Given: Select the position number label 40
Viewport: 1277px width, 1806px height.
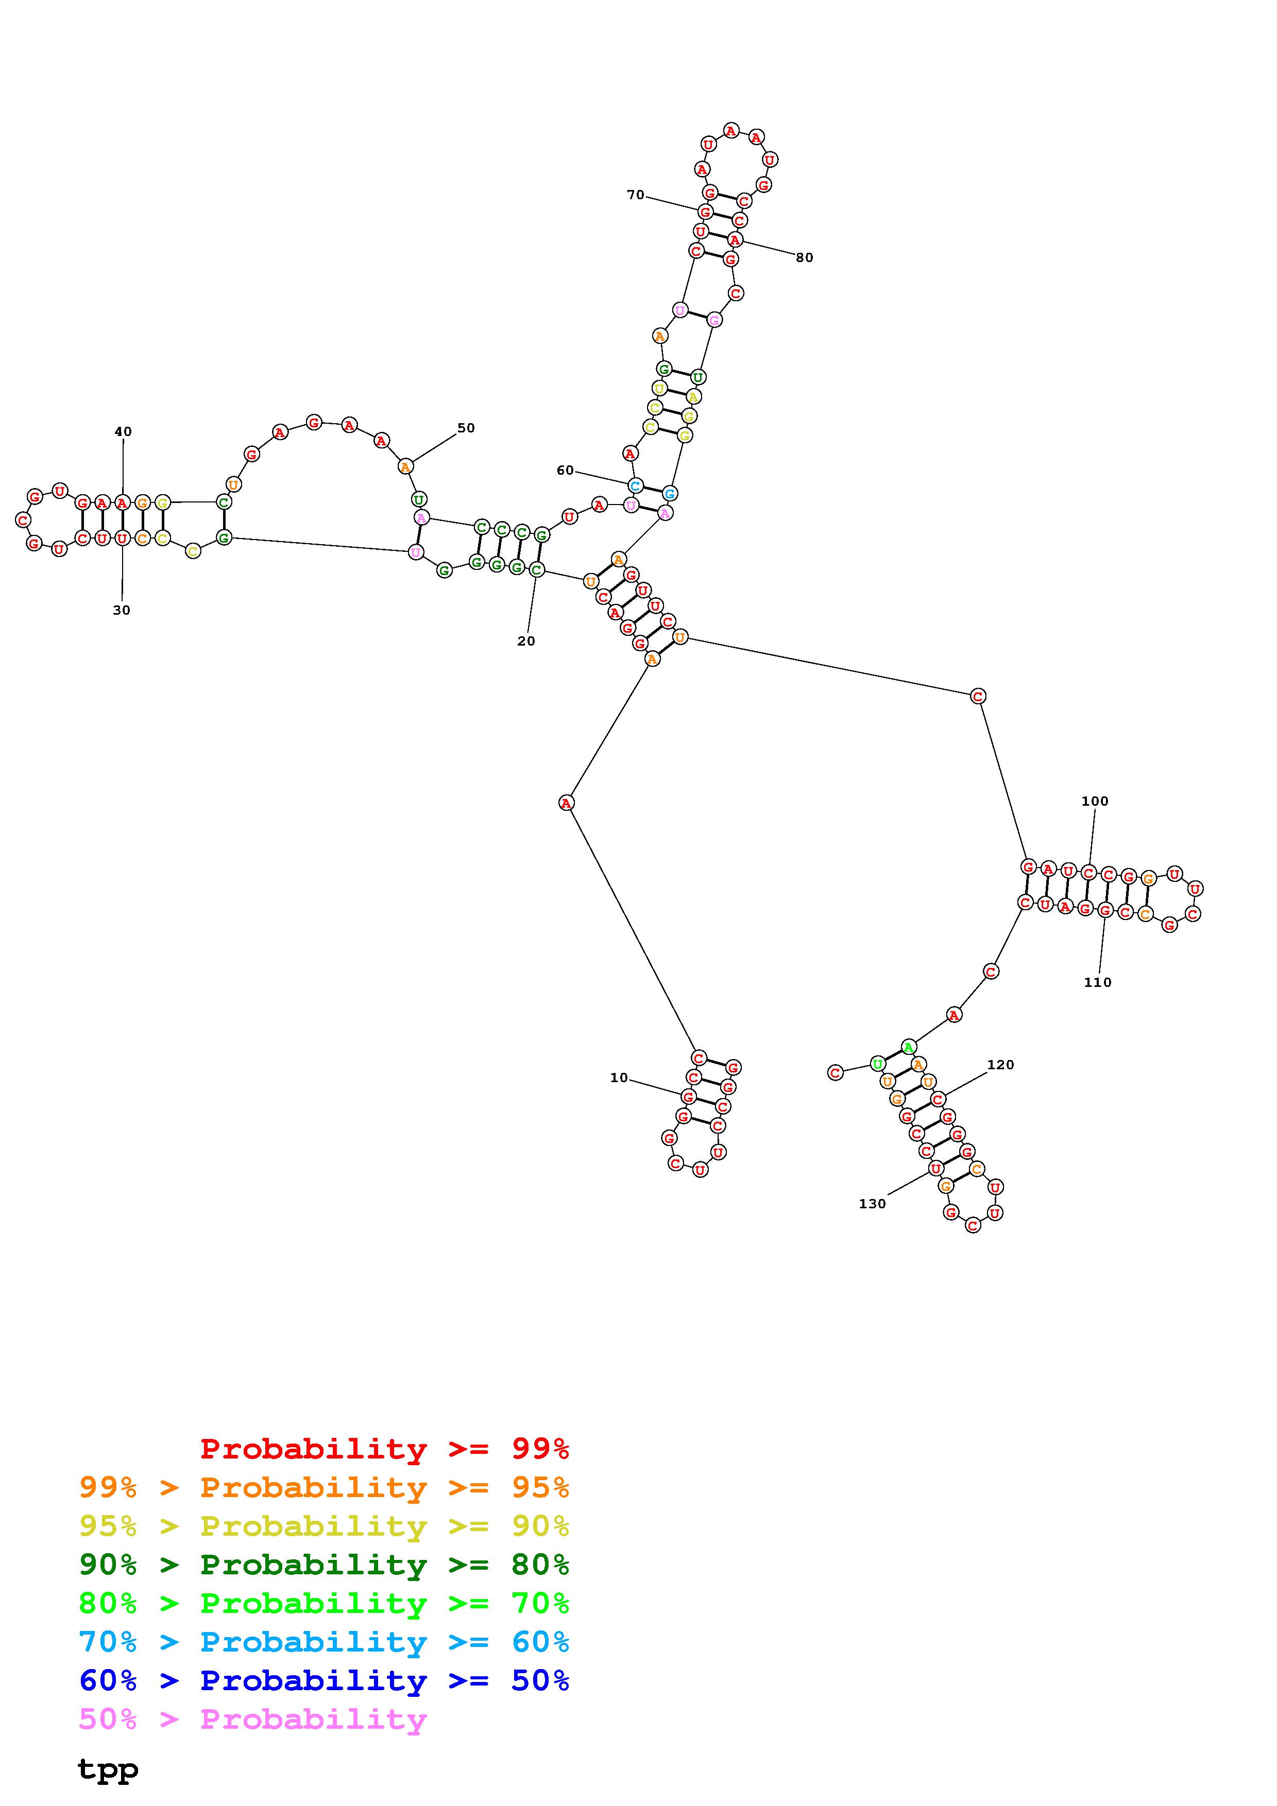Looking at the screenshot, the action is (x=124, y=432).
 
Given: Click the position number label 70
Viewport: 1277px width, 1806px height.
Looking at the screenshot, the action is (x=635, y=195).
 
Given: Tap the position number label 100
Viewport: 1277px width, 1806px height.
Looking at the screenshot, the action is (x=1095, y=802).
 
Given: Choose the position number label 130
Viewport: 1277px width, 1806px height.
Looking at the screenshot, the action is (x=872, y=1204).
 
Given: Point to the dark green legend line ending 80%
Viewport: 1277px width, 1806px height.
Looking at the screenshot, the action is (x=324, y=1565).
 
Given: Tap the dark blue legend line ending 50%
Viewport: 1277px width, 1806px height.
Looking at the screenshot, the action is (x=324, y=1680).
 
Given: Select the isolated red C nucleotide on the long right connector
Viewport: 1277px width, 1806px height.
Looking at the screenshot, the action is (x=977, y=696).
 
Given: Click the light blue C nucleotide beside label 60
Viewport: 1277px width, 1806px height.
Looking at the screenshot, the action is (x=635, y=485).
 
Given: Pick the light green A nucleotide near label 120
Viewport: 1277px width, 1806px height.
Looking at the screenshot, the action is (x=908, y=1047).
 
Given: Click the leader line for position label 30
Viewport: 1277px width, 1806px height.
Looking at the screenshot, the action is (x=122, y=574).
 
